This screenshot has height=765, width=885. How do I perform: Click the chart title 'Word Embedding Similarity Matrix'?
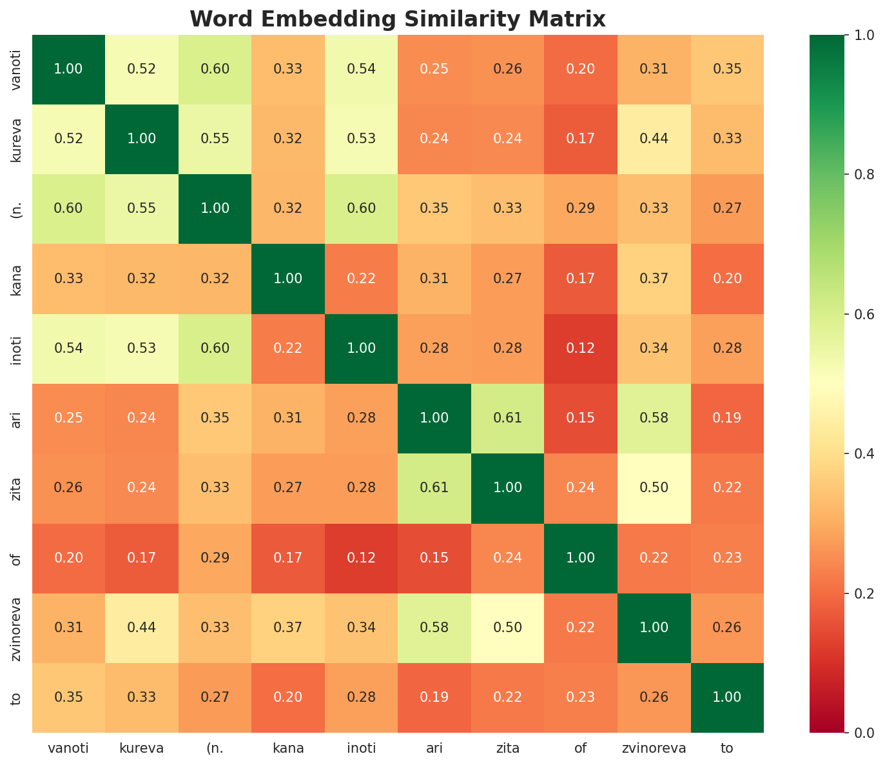tap(398, 19)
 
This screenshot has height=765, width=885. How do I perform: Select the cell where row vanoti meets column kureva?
tap(142, 70)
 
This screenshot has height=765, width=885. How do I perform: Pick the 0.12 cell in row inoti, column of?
tap(581, 348)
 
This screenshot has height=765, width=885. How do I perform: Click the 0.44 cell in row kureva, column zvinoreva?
tap(654, 139)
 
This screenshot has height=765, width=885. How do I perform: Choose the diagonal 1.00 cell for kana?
tap(288, 279)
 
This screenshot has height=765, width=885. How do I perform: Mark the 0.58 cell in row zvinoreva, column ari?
tap(434, 628)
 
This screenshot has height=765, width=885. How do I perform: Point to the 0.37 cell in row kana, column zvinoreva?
tap(654, 279)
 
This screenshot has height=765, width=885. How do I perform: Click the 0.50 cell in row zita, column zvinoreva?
tap(654, 488)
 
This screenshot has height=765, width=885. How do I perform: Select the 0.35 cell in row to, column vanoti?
tap(68, 697)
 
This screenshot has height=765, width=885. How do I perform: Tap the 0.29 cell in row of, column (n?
tap(215, 558)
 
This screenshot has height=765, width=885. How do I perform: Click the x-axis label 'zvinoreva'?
tap(654, 749)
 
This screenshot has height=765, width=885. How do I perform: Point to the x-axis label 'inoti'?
tap(361, 749)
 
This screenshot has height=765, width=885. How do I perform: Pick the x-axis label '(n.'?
tap(215, 749)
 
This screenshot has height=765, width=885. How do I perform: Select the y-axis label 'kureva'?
tap(17, 139)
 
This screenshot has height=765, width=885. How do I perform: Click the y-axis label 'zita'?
tap(17, 488)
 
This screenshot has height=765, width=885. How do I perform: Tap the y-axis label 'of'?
tap(17, 558)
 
